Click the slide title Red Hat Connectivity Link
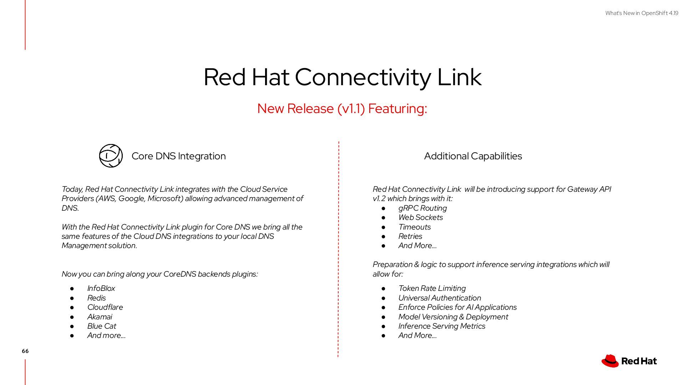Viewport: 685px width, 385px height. click(x=342, y=77)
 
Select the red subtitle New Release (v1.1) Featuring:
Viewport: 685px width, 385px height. click(x=342, y=108)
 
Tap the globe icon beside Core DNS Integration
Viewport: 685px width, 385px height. click(x=111, y=156)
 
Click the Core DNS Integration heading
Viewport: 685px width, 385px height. click(x=178, y=156)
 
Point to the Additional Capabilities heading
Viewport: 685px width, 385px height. click(x=473, y=156)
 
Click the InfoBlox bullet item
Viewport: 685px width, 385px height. click(x=101, y=288)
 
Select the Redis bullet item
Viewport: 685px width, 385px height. click(x=96, y=298)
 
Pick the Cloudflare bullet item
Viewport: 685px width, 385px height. click(x=105, y=307)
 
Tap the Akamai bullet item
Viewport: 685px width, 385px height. click(x=100, y=317)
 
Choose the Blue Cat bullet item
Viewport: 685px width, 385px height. click(x=102, y=326)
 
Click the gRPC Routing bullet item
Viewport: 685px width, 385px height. click(x=422, y=208)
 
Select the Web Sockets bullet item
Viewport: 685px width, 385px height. click(x=420, y=217)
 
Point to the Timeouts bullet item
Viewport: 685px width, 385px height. click(x=414, y=227)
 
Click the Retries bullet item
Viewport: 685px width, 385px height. click(x=410, y=236)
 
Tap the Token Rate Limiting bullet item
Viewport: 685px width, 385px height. click(x=432, y=288)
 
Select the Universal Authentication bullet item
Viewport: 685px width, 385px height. click(x=440, y=298)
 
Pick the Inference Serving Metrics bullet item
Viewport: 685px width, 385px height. click(x=442, y=326)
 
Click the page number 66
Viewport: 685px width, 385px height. click(x=25, y=351)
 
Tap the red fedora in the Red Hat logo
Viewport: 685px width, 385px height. click(x=610, y=361)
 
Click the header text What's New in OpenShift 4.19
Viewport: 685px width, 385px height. click(x=641, y=13)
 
